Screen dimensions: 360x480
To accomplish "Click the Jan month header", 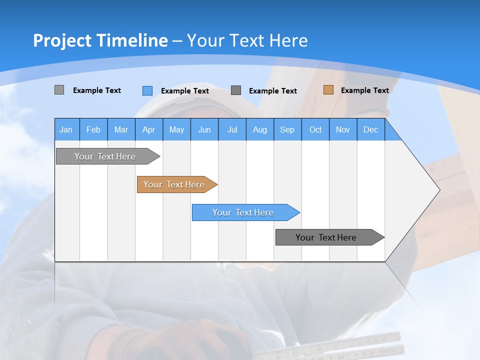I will tap(66, 129).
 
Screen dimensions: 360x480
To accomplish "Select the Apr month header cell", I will tap(148, 129).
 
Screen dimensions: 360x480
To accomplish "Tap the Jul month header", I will tap(232, 129).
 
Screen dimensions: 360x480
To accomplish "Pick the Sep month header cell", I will tap(287, 129).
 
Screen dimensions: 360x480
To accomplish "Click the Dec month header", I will tap(370, 129).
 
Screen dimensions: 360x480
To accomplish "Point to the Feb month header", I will tap(93, 129).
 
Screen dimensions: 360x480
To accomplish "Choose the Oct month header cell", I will tap(315, 129).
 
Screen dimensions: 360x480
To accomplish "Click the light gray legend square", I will tap(59, 90).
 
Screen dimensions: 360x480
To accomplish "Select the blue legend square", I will tap(147, 90).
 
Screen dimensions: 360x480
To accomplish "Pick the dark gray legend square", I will tap(236, 90).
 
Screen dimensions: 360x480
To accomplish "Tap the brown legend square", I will tap(328, 90).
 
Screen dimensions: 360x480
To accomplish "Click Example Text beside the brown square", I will tap(364, 90).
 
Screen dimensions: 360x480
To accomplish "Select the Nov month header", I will tap(343, 129).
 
